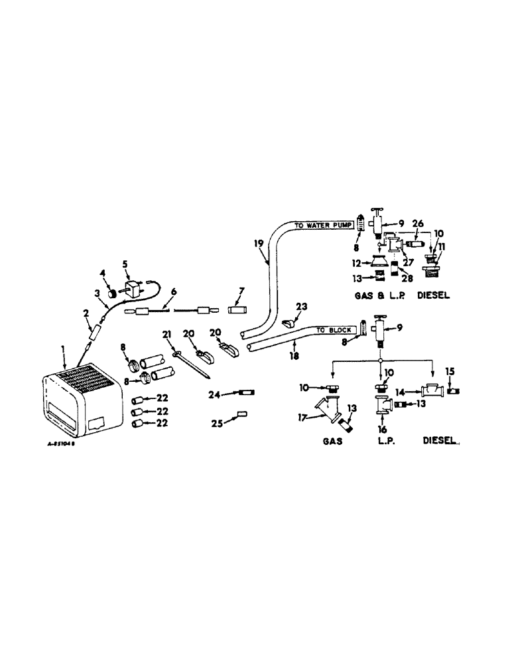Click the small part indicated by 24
[x=245, y=394]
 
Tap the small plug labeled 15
[x=454, y=391]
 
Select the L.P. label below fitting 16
[x=385, y=440]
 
